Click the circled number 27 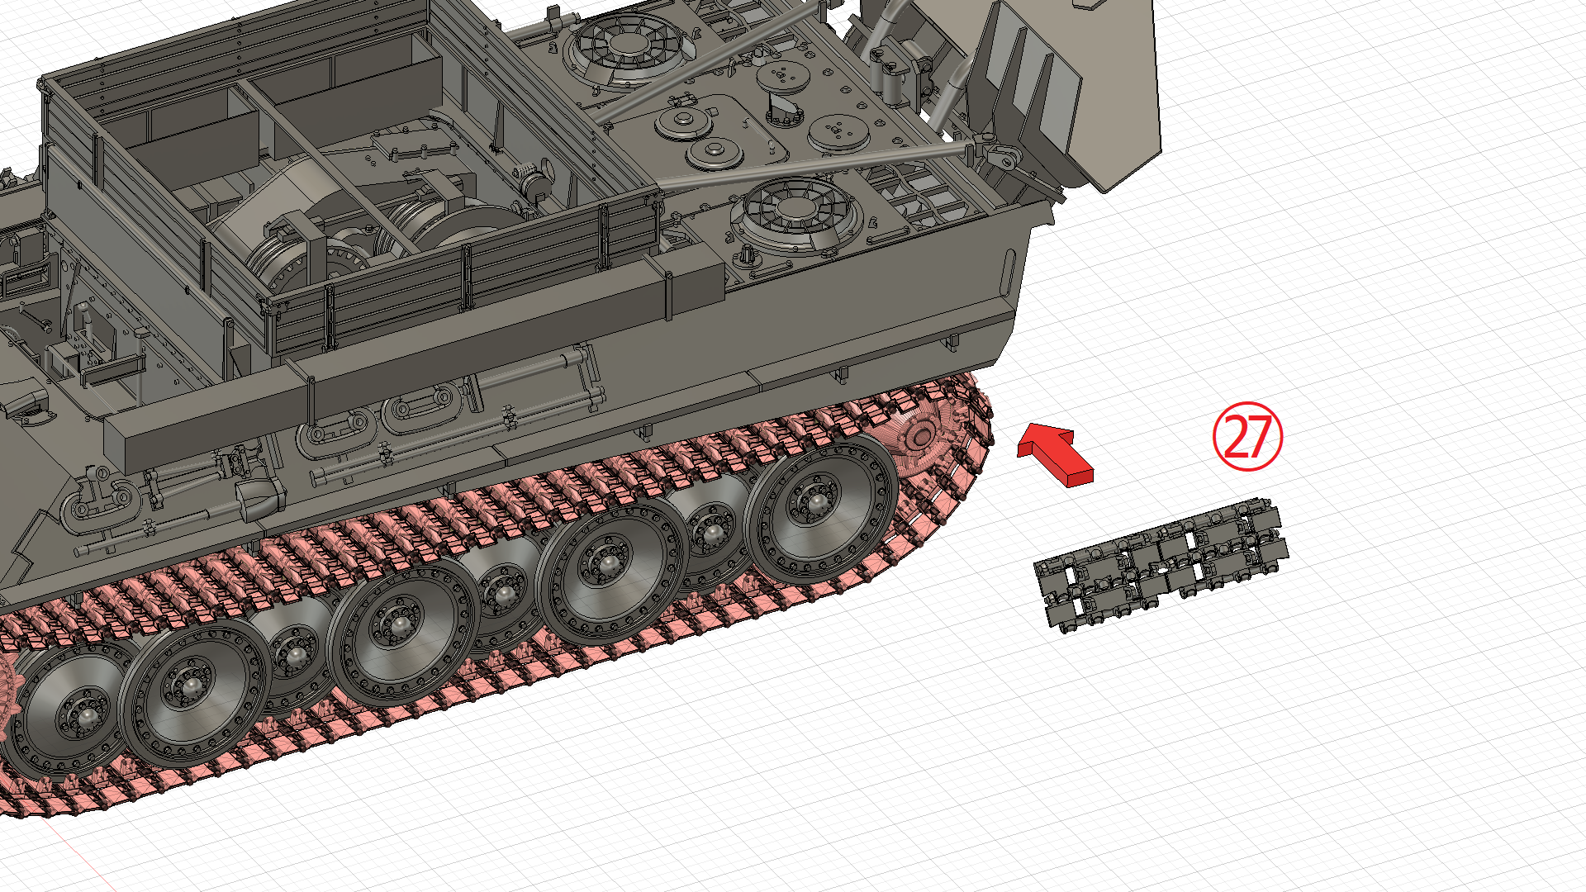tap(1247, 437)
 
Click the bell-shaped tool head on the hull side tap(259, 496)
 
